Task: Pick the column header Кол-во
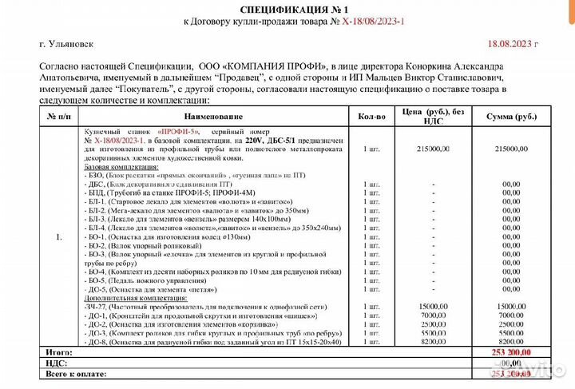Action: (371, 117)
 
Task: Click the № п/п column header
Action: (58, 117)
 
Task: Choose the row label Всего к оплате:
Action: (68, 373)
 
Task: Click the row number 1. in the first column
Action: (58, 237)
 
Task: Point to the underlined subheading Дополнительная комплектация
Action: (129, 298)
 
